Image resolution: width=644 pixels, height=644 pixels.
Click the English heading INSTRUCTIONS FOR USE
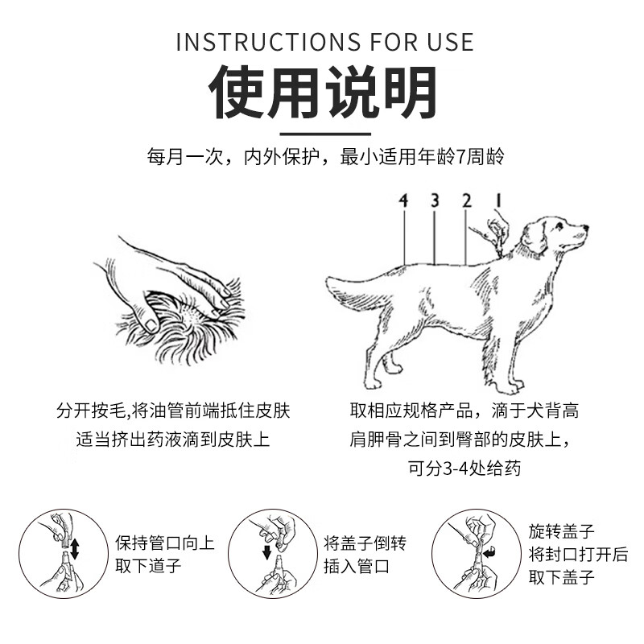point(324,41)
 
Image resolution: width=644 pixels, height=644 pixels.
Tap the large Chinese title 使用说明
point(324,93)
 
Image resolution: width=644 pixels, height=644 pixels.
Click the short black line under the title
point(324,134)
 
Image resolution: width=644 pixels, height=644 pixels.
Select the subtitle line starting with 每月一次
point(324,157)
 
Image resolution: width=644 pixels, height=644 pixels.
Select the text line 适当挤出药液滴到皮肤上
point(172,440)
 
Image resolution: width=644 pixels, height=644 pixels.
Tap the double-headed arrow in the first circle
point(75,549)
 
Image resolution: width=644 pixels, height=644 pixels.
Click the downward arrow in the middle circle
point(266,552)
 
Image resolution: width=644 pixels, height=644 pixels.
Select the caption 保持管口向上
point(165,542)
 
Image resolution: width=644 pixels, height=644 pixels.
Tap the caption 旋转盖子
point(561,531)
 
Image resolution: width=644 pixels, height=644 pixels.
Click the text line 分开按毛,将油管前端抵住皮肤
point(172,411)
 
